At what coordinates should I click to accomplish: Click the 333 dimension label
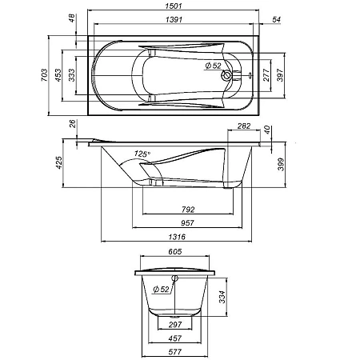(70, 75)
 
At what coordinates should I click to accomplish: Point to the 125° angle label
(142, 154)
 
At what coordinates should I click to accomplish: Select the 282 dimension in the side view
(244, 127)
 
